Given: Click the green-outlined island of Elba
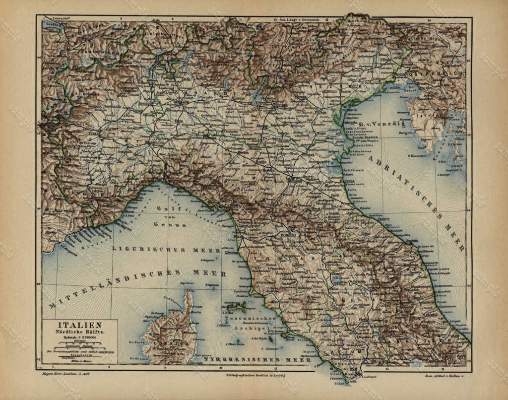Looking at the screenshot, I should (236, 307).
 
